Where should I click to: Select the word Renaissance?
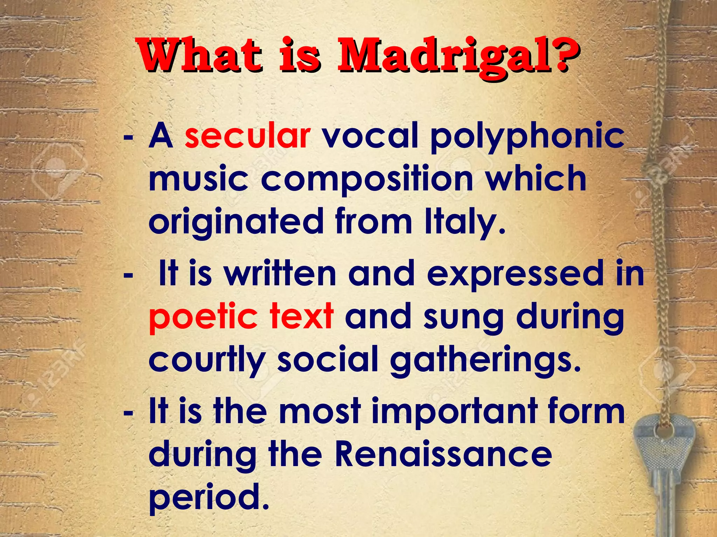(x=443, y=454)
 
